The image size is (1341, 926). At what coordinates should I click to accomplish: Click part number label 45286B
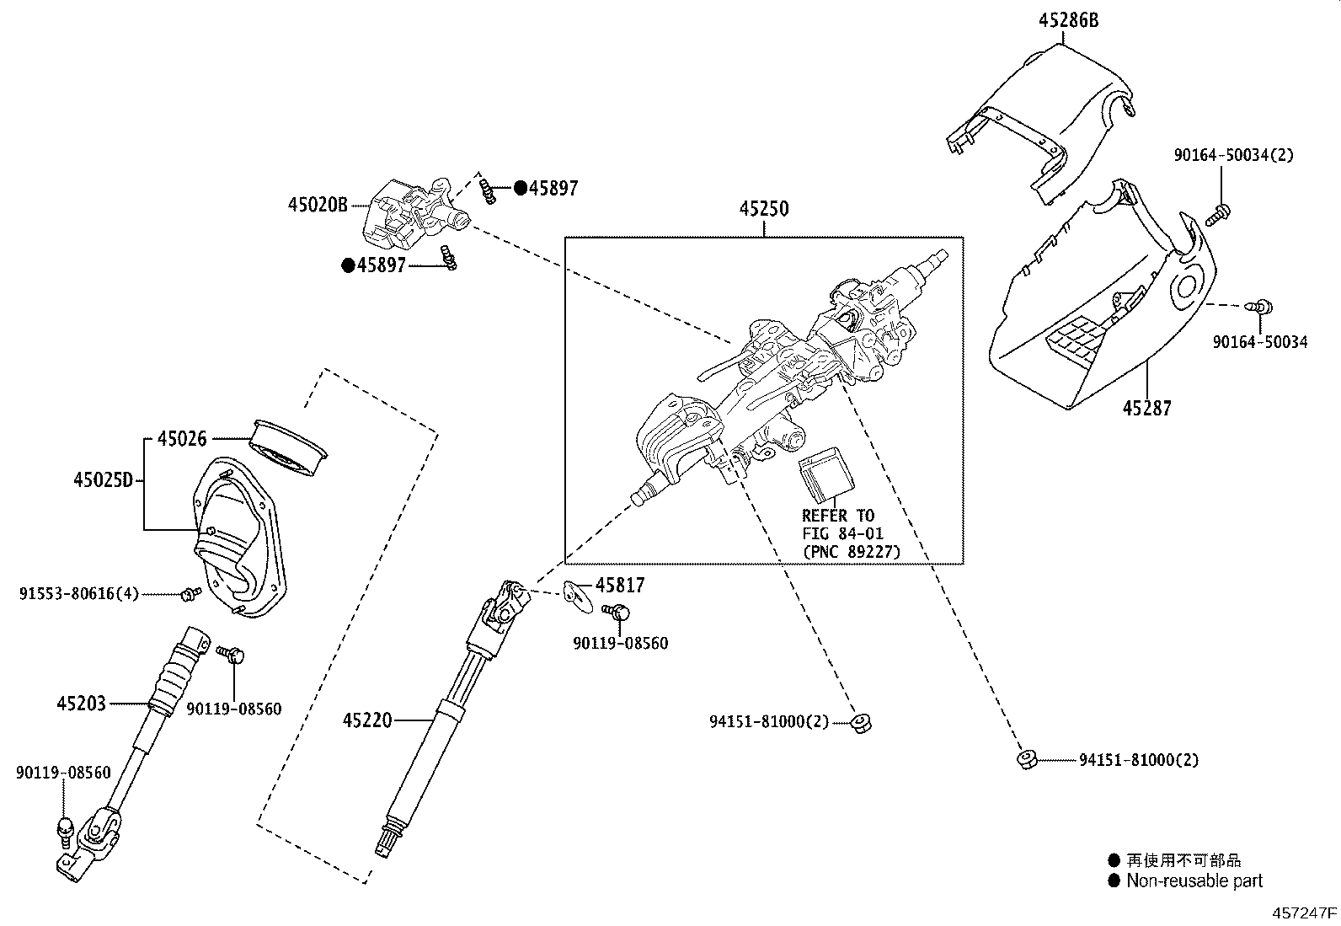pos(1068,21)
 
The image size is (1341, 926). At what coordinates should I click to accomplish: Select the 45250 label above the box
pos(764,209)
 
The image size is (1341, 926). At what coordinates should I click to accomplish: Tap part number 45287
pos(1147,409)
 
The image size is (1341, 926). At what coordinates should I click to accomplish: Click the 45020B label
pos(318,205)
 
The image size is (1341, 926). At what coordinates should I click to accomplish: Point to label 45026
pos(182,439)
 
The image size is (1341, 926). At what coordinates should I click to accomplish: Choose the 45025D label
pos(103,480)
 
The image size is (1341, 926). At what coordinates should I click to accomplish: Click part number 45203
pos(82,703)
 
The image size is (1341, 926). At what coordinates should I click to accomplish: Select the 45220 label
pos(367,720)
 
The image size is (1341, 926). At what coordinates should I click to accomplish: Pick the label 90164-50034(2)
pos(1233,155)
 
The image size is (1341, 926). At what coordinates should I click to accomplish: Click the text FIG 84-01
pos(842,533)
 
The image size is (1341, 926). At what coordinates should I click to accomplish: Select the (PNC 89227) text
pos(851,552)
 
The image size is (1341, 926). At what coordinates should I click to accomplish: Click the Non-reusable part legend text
pos(1194,881)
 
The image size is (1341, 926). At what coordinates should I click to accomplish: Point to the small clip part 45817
pos(575,593)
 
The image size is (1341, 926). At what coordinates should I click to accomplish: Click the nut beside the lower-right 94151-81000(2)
pos(1025,760)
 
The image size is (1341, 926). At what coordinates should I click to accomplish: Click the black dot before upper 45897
pos(521,188)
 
